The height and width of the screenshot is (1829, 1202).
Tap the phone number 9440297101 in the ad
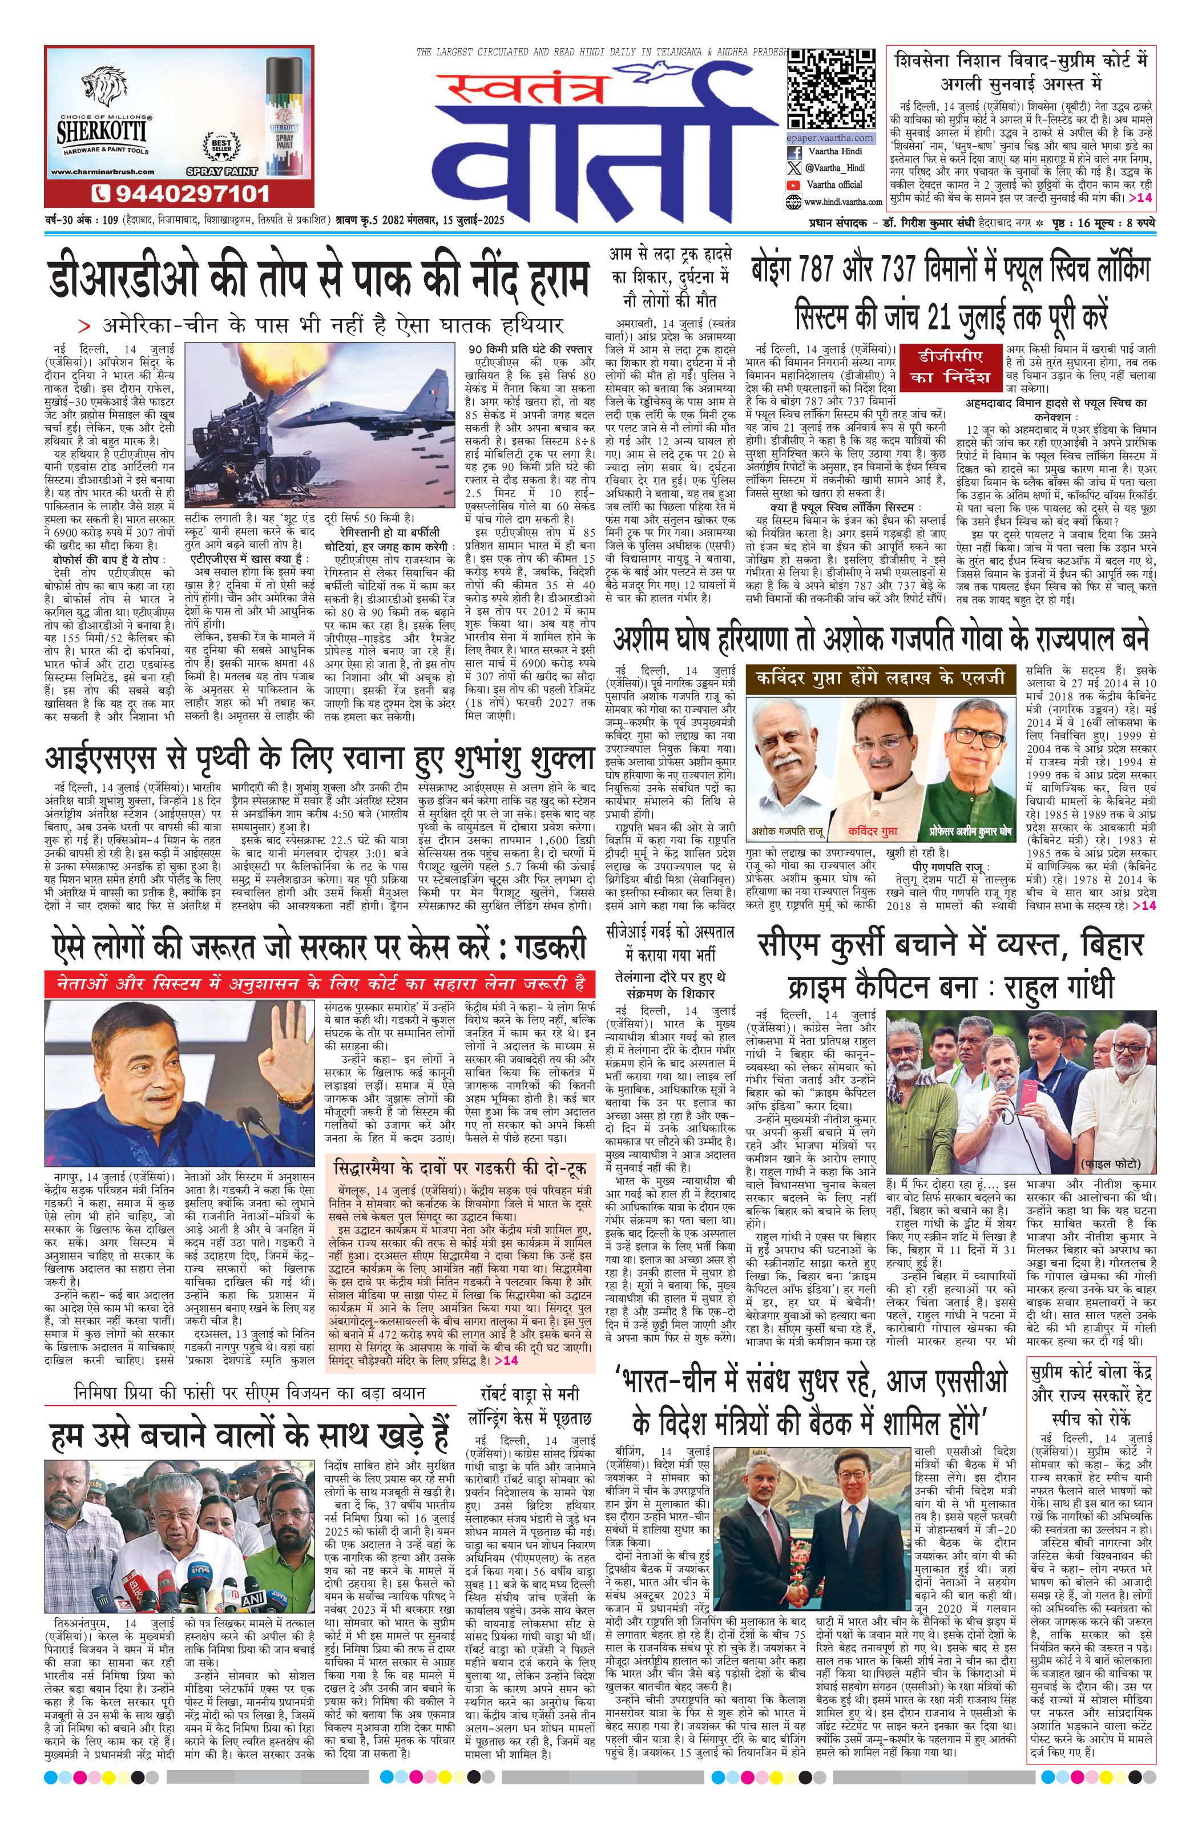[181, 192]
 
